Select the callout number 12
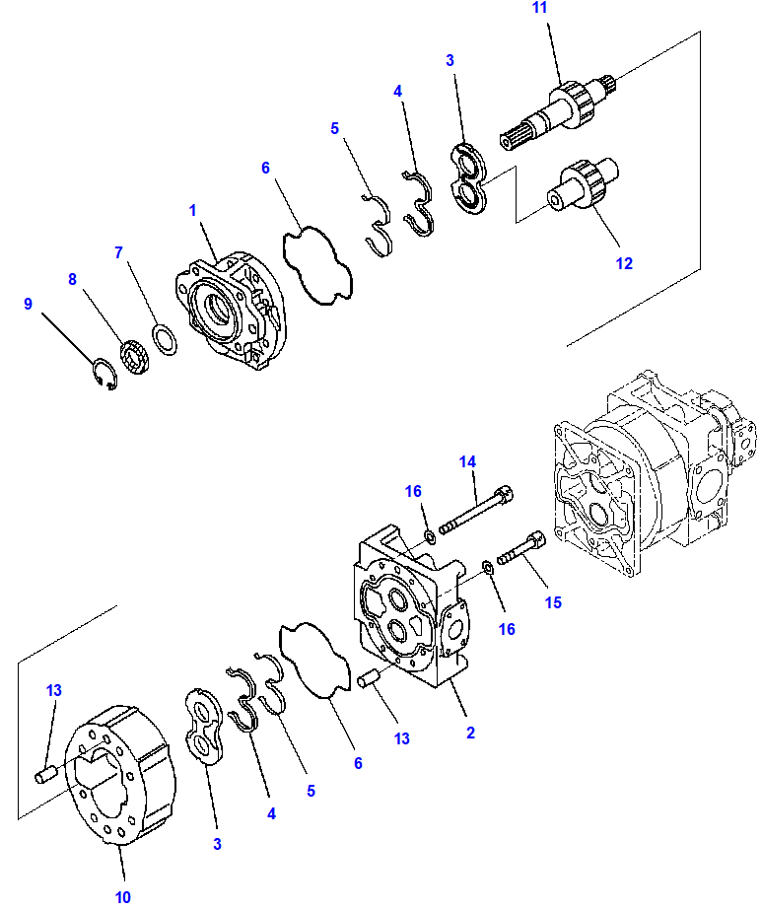(624, 263)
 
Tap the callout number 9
(29, 305)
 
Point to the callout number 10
(122, 896)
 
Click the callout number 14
(467, 460)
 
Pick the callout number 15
(553, 602)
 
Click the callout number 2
(470, 733)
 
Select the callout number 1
(193, 210)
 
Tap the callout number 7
(118, 252)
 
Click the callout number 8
(72, 279)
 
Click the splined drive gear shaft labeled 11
(557, 108)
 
